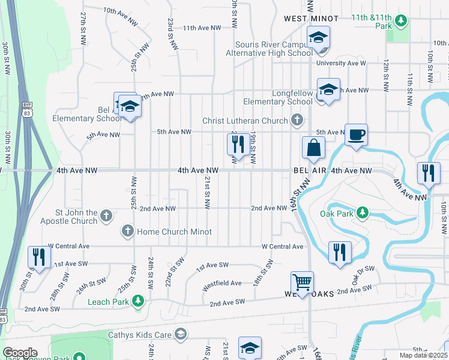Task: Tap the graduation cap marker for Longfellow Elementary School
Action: tap(328, 90)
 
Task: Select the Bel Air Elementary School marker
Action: tap(128, 107)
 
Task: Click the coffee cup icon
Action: tap(357, 134)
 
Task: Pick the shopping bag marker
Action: tap(313, 147)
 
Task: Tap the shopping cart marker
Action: tap(302, 281)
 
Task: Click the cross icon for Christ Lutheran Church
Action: tap(296, 121)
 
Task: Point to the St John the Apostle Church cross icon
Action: tap(106, 215)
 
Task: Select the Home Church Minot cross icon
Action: tap(127, 231)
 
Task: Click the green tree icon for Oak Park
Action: tap(362, 212)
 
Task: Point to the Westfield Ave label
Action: tap(221, 283)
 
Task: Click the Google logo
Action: tap(20, 352)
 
